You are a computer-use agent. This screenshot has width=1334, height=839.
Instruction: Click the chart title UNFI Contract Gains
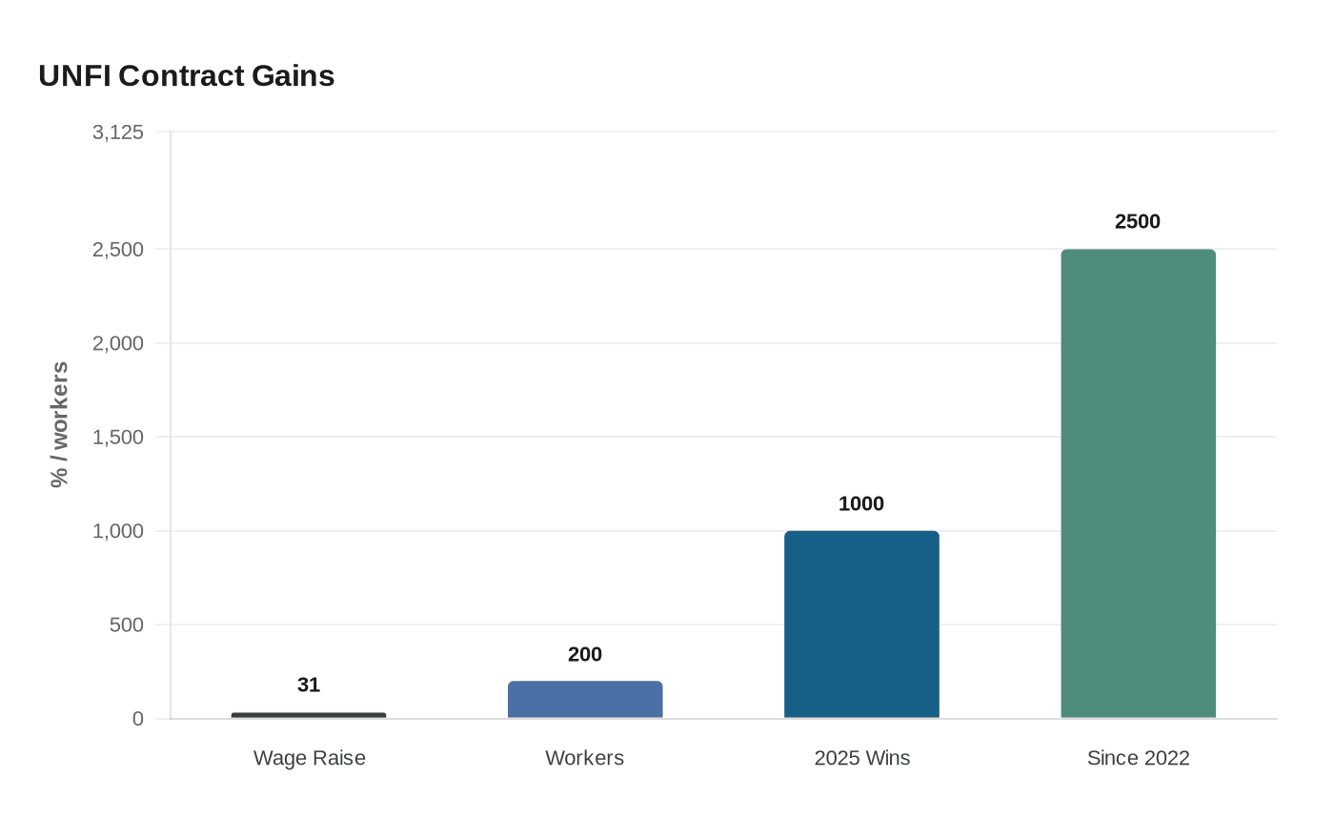(x=187, y=76)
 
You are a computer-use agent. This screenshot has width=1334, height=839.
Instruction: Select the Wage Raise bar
(x=309, y=715)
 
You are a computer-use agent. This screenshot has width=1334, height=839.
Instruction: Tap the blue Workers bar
(x=585, y=700)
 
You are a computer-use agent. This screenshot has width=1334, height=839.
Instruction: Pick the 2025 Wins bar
(x=861, y=624)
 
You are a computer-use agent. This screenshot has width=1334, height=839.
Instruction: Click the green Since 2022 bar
(x=1138, y=483)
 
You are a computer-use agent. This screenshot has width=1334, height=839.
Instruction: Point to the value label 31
(x=309, y=685)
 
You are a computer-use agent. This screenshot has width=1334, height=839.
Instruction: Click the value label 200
(x=585, y=654)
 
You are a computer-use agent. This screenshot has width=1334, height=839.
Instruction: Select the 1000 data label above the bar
(x=861, y=503)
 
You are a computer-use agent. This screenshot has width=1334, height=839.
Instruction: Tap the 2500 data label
(x=1138, y=221)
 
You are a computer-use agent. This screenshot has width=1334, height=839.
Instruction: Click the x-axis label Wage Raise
(x=309, y=758)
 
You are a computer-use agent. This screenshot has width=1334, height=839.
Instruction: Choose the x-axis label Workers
(x=585, y=758)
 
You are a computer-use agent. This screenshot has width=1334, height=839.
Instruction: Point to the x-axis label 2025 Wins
(x=861, y=758)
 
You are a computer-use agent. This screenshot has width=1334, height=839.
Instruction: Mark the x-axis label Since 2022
(x=1138, y=758)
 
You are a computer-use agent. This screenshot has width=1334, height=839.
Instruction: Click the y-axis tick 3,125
(x=118, y=133)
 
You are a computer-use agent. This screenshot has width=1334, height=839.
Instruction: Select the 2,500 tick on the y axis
(x=118, y=250)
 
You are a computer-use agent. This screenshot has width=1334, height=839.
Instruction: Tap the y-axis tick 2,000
(x=118, y=343)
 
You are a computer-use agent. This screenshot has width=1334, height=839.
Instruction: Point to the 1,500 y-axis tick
(x=118, y=438)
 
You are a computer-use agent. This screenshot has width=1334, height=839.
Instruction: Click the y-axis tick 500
(x=128, y=625)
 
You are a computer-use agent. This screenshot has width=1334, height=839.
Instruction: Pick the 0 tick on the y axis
(x=138, y=719)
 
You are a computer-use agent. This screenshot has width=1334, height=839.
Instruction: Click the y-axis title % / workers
(x=60, y=424)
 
